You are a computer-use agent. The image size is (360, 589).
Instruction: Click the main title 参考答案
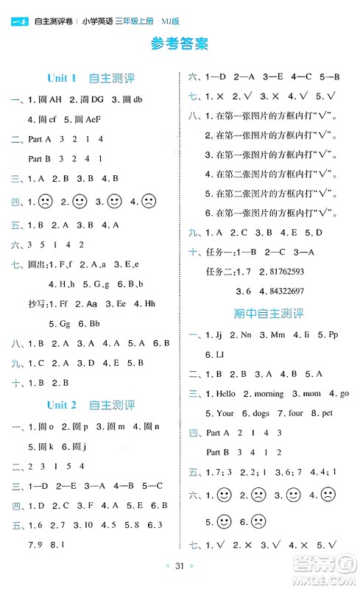(180, 43)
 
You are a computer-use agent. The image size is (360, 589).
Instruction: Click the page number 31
(180, 566)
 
